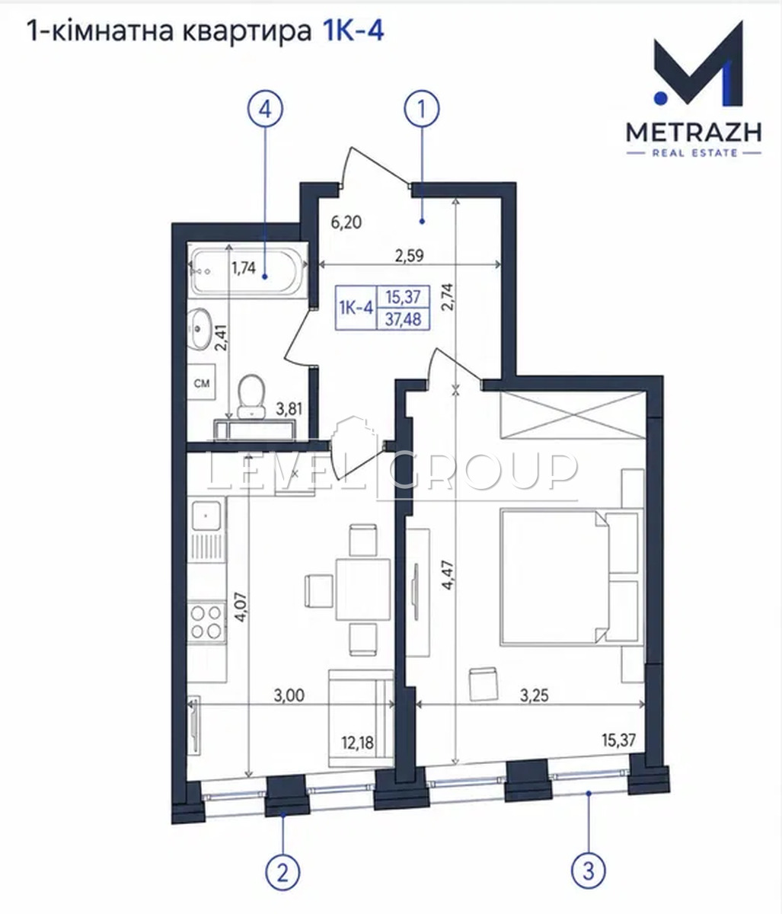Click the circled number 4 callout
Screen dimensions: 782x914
pos(265,109)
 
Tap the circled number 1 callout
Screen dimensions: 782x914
pos(422,109)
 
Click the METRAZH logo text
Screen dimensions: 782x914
pos(694,132)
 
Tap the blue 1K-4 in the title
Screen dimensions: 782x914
pos(353,31)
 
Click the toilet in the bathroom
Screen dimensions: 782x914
pos(251,396)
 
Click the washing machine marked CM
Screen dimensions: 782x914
pos(202,382)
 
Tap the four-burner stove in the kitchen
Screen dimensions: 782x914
pos(206,622)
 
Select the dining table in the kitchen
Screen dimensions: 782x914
pos(363,590)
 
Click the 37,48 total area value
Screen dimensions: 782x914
pos(403,319)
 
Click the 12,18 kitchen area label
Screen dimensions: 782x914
pos(357,743)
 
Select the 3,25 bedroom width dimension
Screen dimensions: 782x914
pos(534,695)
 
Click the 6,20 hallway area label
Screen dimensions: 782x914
pos(346,222)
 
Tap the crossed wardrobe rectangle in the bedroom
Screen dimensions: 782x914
pos(572,415)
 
